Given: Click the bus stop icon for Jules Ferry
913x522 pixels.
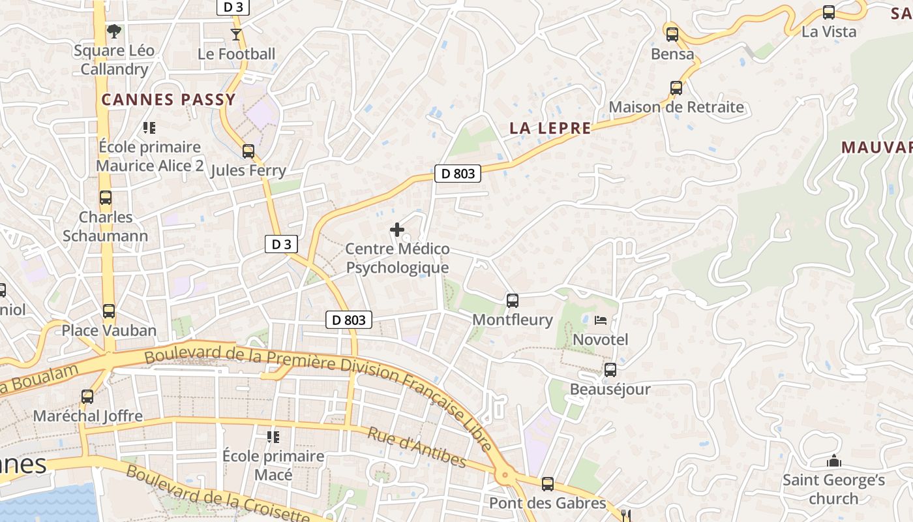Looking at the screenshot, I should pos(248,151).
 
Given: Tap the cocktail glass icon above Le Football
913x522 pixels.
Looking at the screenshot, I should pos(236,34).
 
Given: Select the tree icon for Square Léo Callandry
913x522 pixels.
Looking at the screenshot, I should pos(114,31).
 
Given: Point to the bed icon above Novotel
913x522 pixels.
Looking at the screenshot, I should pos(600,320).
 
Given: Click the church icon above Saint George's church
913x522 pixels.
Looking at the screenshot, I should pos(833,461).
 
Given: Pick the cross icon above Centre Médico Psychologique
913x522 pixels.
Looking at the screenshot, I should pos(397,230).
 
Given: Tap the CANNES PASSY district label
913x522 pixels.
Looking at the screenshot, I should pos(168,100).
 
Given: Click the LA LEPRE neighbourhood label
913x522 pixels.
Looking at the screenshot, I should pos(550,129).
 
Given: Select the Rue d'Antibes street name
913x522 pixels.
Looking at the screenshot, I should pos(417,448).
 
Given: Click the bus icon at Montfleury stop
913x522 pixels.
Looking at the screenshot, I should pos(513,301).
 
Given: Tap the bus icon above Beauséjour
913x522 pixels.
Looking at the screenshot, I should pos(610,370).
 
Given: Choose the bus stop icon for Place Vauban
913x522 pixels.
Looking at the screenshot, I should pos(109,311).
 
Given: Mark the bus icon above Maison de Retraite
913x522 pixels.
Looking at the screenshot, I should pos(676,88).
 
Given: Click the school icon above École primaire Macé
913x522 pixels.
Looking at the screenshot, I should pos(273,437).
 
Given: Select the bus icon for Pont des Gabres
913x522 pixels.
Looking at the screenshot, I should pos(548,484).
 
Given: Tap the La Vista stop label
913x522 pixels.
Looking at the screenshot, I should pos(828,31).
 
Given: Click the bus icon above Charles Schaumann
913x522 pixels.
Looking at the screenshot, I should pos(106,198).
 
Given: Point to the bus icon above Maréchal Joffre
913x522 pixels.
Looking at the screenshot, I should pos(87,396).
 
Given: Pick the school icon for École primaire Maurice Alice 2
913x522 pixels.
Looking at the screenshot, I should pos(149,128).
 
